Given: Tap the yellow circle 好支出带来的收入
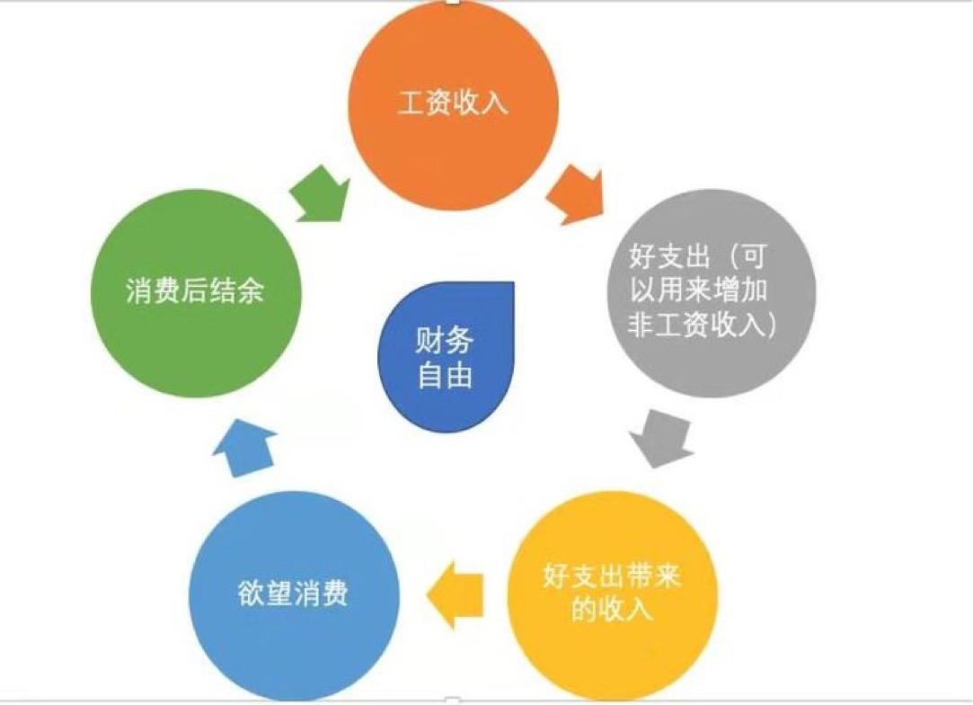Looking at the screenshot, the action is coord(612,594).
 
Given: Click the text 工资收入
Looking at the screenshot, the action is coord(453,103).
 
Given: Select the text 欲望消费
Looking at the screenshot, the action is coord(293,595).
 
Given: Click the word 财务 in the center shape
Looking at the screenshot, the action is coord(445,341).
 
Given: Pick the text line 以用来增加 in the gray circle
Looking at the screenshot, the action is coord(710,292).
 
